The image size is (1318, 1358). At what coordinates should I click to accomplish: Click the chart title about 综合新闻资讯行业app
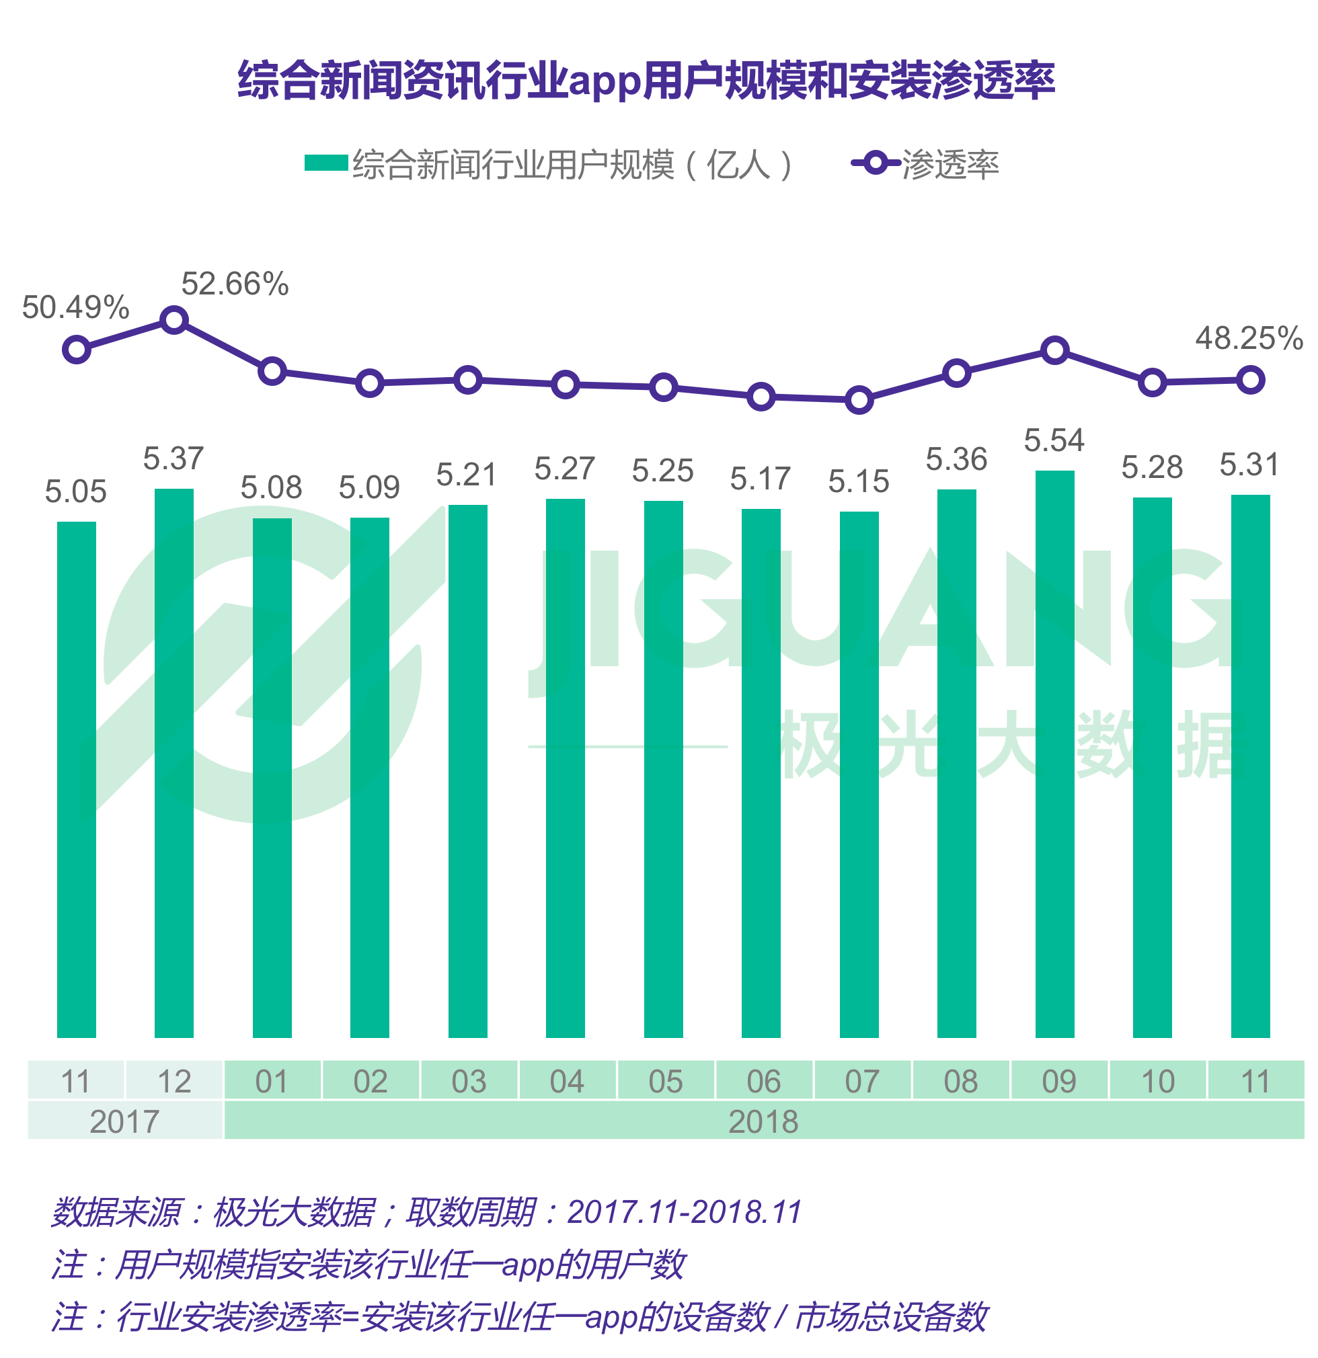[646, 81]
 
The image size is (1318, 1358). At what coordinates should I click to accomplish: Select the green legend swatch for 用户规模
[325, 163]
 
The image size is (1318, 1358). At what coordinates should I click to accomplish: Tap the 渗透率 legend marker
[876, 163]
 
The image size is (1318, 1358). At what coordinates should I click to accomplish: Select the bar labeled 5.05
[76, 778]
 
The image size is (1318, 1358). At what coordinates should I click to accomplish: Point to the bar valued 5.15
[859, 774]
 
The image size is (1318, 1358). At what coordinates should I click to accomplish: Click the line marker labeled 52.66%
[174, 320]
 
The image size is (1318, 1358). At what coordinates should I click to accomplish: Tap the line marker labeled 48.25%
[1250, 380]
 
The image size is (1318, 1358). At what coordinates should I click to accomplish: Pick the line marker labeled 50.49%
[76, 350]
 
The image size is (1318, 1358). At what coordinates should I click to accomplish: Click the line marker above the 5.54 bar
[1054, 350]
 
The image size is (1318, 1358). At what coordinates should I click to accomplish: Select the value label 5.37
[173, 458]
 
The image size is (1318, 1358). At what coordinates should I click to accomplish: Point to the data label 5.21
[467, 475]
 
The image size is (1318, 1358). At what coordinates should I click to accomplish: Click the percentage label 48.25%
[1249, 338]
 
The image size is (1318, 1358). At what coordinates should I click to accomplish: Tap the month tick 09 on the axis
[1058, 1082]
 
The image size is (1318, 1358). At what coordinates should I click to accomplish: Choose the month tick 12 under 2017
[174, 1082]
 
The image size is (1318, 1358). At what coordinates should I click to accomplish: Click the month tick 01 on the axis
[272, 1082]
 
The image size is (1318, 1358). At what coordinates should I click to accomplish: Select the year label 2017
[124, 1121]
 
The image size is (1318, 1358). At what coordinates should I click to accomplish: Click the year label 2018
[763, 1121]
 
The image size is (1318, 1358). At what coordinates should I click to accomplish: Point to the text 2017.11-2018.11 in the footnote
[684, 1212]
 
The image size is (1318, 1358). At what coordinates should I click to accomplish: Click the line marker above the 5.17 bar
[761, 397]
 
